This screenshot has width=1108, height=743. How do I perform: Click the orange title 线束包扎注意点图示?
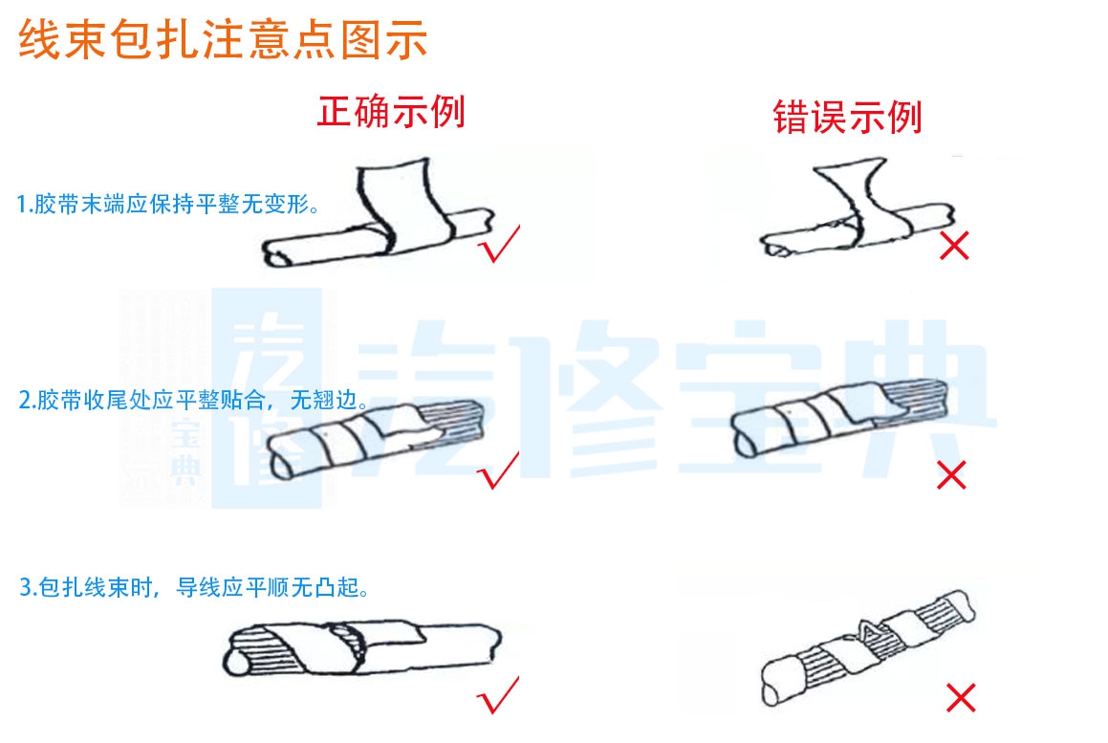click(223, 41)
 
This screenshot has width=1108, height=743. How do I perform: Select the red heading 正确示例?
click(391, 112)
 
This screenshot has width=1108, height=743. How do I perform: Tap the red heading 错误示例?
click(847, 118)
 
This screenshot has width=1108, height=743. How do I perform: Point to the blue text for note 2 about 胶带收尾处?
click(193, 401)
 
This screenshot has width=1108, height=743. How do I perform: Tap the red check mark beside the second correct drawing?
click(499, 470)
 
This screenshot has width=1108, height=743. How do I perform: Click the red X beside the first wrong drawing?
click(953, 246)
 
